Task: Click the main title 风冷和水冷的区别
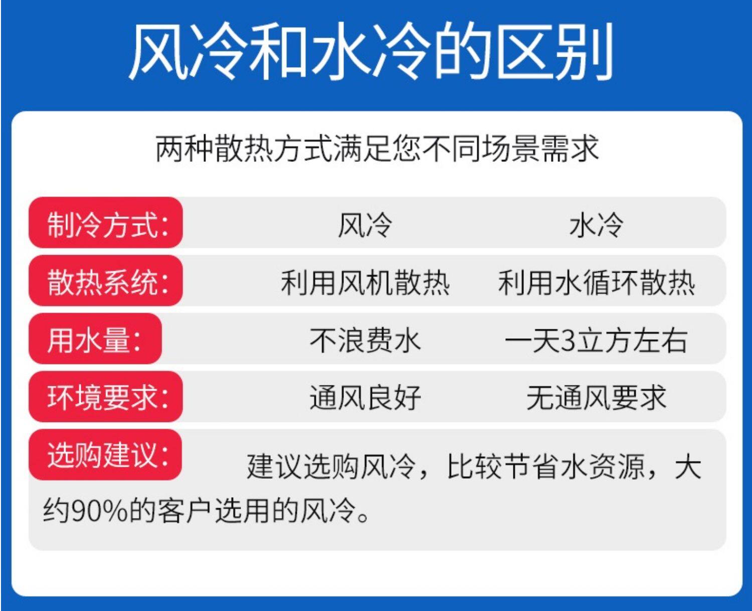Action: point(370,51)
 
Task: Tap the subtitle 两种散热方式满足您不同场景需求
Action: point(377,148)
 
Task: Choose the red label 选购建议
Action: point(105,454)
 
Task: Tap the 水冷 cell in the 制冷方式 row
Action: point(596,225)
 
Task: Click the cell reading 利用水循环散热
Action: point(596,282)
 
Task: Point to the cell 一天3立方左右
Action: point(596,341)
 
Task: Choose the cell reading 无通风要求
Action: point(596,398)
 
